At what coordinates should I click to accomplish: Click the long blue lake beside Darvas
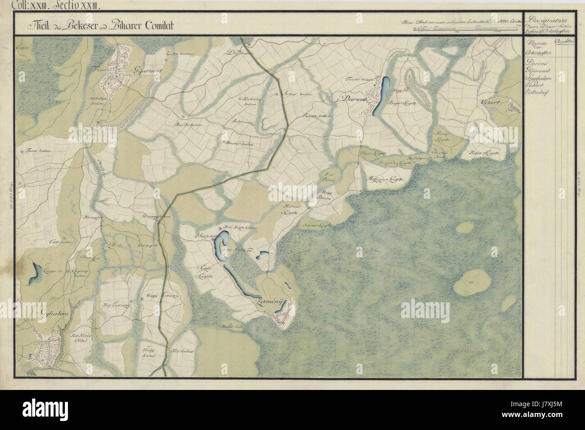[x=383, y=94]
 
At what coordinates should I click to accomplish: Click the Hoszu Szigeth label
[x=385, y=179]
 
